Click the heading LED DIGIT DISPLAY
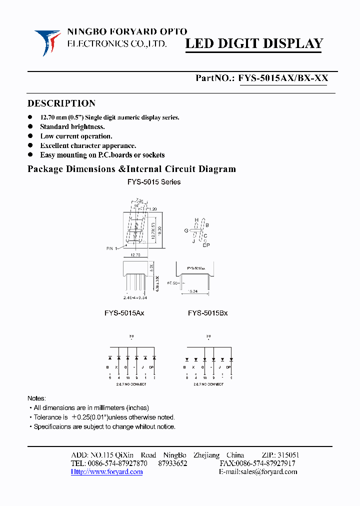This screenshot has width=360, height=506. coord(254,43)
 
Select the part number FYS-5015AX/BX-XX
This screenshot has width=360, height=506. coord(283,78)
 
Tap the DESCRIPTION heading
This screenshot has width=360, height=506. coord(61,103)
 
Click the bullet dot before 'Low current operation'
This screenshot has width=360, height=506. coord(30,136)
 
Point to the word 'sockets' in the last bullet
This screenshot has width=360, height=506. coord(152,155)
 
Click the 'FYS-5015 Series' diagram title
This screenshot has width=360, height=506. coord(153,182)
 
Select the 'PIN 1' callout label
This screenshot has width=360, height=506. coord(113,248)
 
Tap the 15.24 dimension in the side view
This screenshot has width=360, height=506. coord(192,290)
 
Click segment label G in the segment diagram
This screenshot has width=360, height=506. coord(186,230)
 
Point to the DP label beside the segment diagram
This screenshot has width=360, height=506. coord(206,245)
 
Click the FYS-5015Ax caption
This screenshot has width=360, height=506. coord(124,313)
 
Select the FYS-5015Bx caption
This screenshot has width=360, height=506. coord(207,313)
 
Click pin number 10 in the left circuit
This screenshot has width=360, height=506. coord(127,377)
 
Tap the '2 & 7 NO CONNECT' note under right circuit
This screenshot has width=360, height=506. coord(208,384)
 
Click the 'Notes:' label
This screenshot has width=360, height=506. coord(36,398)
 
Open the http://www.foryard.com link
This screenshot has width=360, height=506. coord(107,471)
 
